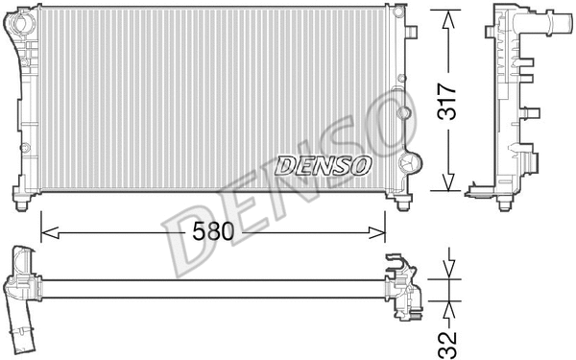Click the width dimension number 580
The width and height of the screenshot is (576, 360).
point(214,230)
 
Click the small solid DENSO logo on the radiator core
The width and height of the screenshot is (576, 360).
point(323,165)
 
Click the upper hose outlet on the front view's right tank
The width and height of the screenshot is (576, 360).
point(411,32)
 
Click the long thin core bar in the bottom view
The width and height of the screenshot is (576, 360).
point(211,288)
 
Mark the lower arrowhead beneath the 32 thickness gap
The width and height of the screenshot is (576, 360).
point(446,305)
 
